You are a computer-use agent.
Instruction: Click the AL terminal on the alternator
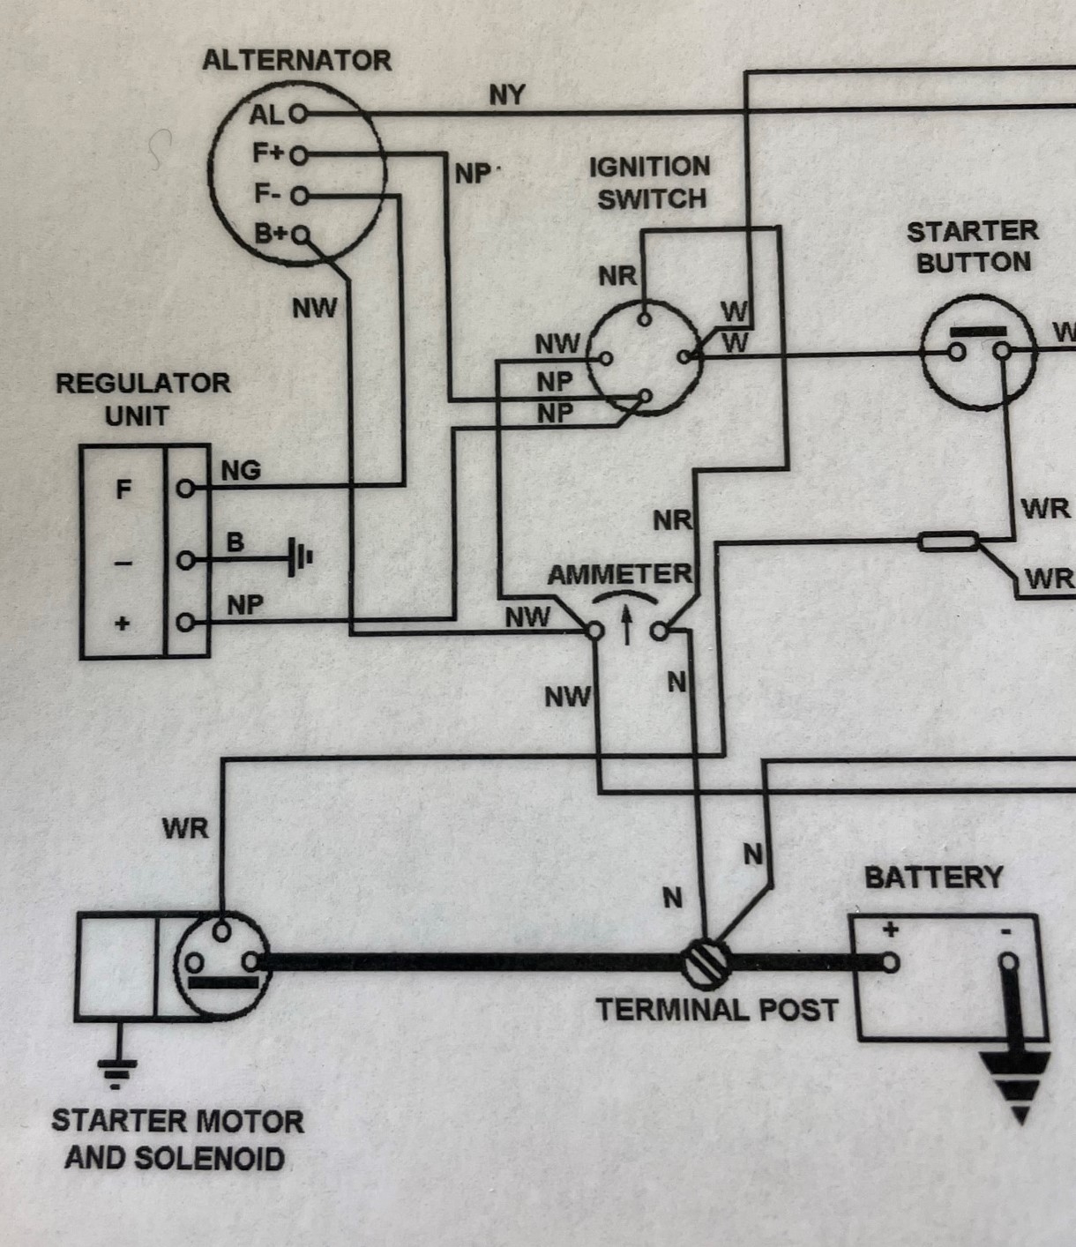click(x=298, y=114)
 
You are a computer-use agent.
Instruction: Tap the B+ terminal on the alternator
click(x=302, y=235)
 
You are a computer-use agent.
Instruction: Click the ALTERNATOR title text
click(x=296, y=61)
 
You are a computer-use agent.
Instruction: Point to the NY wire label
click(x=506, y=95)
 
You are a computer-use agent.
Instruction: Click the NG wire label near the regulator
click(x=241, y=471)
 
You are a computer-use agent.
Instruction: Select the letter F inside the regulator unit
click(x=124, y=489)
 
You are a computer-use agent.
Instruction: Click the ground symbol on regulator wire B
click(x=300, y=559)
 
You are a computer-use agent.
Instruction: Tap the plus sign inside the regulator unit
click(x=123, y=623)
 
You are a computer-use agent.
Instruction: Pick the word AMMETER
click(x=620, y=575)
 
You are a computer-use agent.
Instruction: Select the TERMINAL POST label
click(x=716, y=1010)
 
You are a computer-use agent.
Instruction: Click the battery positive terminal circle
click(x=890, y=961)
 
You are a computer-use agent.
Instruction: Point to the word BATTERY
click(x=933, y=877)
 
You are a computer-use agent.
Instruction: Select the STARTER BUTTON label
click(x=973, y=247)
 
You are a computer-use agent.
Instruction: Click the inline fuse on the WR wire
click(x=947, y=541)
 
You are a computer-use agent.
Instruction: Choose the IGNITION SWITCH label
click(x=650, y=183)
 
